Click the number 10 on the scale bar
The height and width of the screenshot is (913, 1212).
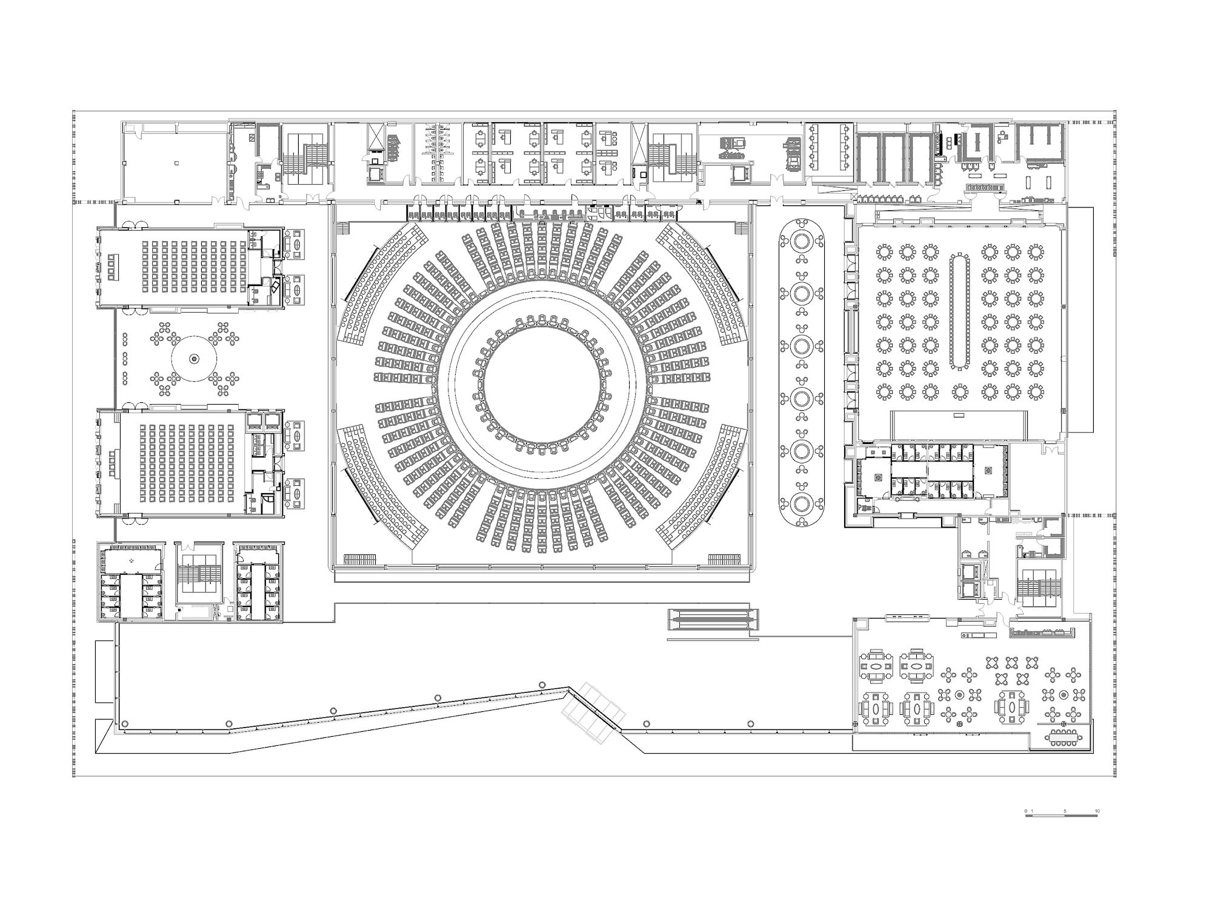coord(1097,811)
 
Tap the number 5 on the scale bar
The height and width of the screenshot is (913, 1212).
coord(1064,811)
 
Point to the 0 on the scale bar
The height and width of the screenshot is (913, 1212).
coord(1025,811)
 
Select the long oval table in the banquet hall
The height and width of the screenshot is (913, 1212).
coord(959,311)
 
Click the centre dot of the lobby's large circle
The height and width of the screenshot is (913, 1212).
coord(195,359)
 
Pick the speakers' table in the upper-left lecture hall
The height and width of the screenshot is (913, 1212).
coord(113,267)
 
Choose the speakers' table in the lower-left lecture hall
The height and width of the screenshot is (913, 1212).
coord(113,464)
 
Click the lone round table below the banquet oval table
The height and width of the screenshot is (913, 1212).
coord(959,392)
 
